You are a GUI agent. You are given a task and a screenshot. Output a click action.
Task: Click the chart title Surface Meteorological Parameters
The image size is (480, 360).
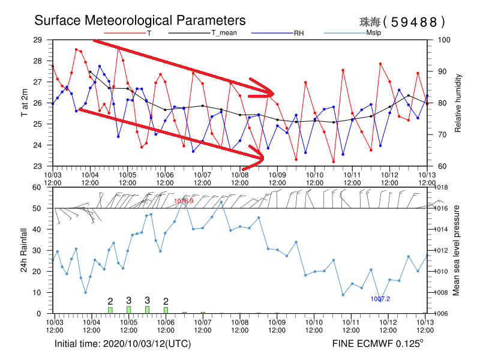coord(140,21)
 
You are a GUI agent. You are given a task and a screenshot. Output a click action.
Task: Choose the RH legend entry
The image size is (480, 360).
coord(298,33)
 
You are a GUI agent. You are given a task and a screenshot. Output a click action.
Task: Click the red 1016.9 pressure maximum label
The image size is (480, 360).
coord(184,201)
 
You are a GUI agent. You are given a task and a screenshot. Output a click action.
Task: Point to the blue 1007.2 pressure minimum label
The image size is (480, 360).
coord(380,299)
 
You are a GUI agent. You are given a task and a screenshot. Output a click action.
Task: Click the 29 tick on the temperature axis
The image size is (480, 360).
coord(46,40)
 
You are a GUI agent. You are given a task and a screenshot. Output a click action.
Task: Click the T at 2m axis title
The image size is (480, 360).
coord(24,103)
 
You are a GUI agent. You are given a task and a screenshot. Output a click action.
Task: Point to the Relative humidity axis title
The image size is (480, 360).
coord(458,103)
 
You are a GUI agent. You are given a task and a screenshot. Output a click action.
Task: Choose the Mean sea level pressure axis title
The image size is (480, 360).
coord(457,250)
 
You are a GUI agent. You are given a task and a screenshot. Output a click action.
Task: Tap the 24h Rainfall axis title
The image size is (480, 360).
coord(24,250)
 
